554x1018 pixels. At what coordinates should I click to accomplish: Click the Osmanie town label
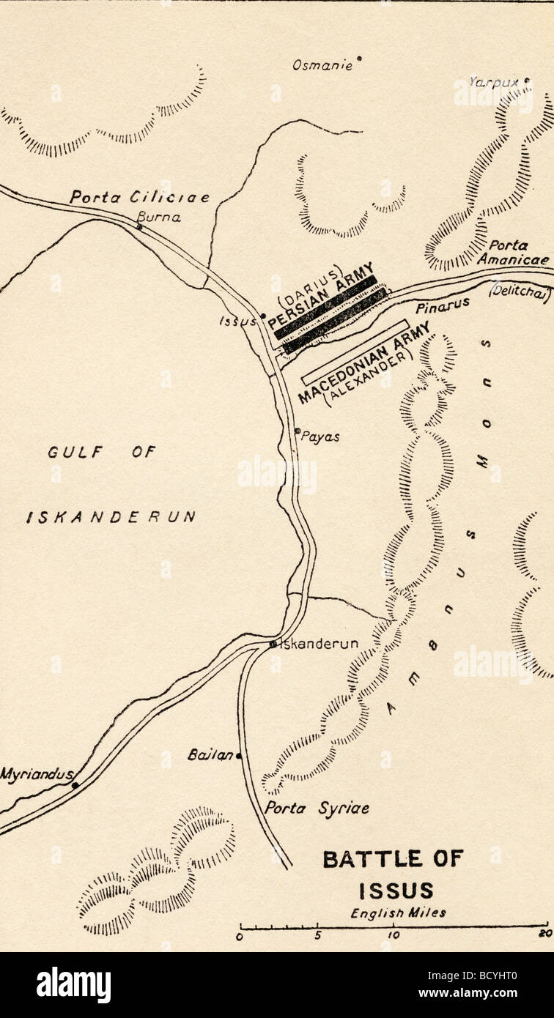(x=322, y=66)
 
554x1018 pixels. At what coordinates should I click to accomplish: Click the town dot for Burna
(x=139, y=227)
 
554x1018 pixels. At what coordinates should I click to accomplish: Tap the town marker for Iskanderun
(x=272, y=644)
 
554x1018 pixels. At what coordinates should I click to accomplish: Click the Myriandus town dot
(x=75, y=785)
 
